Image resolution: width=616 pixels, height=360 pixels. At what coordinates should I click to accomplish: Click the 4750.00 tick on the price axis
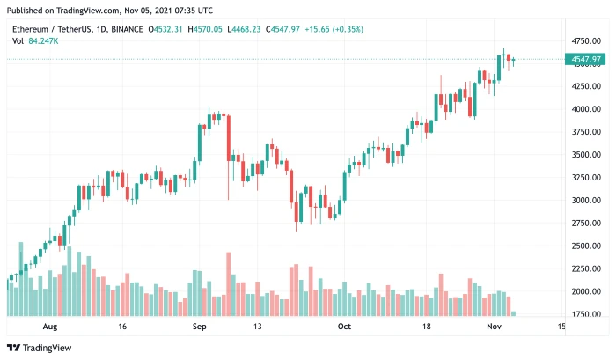click(x=586, y=41)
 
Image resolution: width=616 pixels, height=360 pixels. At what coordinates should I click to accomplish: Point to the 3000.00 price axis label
click(x=586, y=200)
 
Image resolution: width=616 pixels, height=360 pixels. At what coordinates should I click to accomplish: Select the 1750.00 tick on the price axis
click(x=586, y=314)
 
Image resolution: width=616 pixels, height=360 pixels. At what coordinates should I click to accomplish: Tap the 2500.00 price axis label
click(x=586, y=246)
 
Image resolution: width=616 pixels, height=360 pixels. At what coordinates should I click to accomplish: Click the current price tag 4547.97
click(x=586, y=60)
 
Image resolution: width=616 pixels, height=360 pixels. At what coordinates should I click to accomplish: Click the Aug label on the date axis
click(x=49, y=327)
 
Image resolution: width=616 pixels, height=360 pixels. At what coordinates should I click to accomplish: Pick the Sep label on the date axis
click(x=200, y=327)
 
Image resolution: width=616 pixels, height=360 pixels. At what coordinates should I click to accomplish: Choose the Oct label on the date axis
click(x=344, y=327)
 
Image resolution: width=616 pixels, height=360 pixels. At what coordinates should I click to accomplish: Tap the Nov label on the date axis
click(x=494, y=327)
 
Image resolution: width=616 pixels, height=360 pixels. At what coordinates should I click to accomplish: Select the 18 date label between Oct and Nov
click(x=427, y=327)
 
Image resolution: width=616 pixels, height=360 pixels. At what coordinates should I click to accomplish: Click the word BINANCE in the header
click(x=128, y=29)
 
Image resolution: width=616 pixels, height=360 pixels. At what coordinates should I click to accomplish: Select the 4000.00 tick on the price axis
click(x=586, y=109)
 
